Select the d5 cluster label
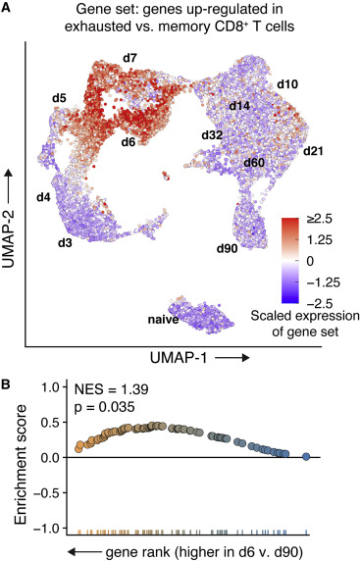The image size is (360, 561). tap(60, 98)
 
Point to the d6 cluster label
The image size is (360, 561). tap(129, 143)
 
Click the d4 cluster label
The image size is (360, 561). tap(43, 198)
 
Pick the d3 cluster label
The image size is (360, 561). tap(65, 241)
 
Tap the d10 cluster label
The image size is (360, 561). tap(287, 84)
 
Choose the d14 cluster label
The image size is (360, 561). tap(239, 105)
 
